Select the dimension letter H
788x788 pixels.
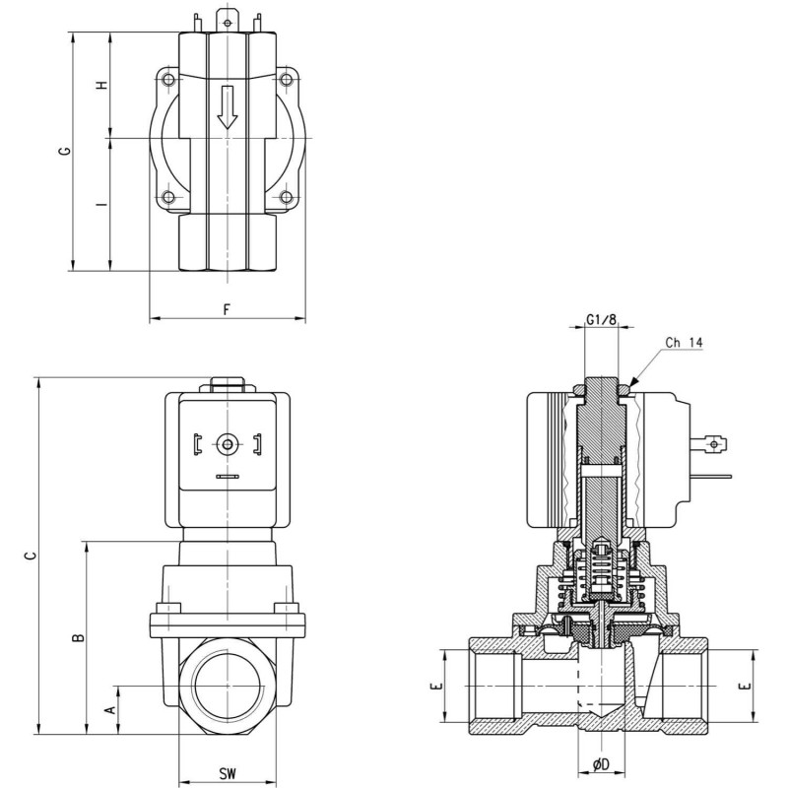pos(100,86)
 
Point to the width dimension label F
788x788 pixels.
pos(227,308)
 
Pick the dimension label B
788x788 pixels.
pos(78,637)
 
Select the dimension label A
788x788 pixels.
pos(109,708)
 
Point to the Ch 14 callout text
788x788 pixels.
pos(684,343)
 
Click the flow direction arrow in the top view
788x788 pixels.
pos(228,106)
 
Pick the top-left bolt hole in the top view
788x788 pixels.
pos(169,79)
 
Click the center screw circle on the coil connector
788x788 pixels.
pos(228,445)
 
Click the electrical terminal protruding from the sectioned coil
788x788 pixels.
pos(715,444)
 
